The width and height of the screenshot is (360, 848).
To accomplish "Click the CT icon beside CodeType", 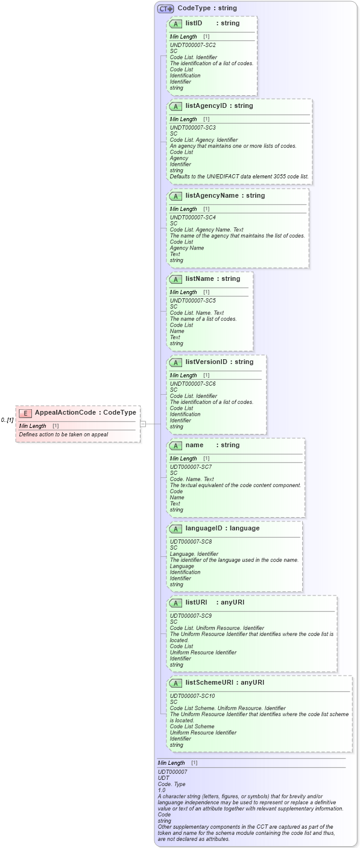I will coord(165,8).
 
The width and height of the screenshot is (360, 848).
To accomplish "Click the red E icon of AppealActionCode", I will coord(25,413).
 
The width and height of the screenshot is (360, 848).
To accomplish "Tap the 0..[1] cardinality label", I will coord(7,420).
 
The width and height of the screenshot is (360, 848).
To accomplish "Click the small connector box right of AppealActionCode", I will coord(143,424).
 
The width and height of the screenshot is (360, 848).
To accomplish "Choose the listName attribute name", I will coord(200,279).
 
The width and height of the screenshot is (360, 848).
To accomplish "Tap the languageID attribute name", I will coord(205,529).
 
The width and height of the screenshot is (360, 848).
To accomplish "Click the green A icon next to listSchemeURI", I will coord(175,683).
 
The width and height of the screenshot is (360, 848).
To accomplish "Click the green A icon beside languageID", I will coord(175,529).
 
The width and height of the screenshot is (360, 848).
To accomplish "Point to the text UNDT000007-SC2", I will coord(192,45).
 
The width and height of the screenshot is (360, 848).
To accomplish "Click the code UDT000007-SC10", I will coord(192,696).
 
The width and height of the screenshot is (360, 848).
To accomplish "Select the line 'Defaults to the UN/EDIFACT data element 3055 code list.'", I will coord(239,177).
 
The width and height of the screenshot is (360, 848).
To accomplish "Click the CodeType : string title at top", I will coord(207,8).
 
